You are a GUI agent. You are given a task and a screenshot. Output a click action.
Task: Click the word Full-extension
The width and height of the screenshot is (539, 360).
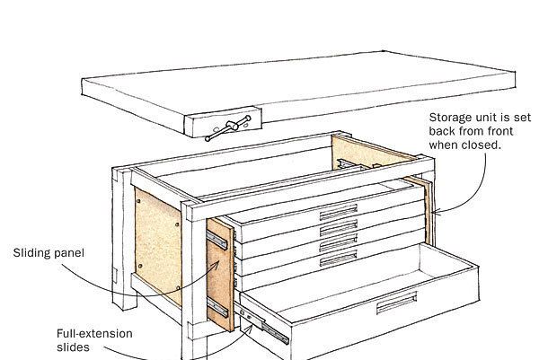click(x=94, y=334)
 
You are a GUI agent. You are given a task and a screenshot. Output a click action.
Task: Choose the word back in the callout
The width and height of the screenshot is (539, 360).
click(x=446, y=131)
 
